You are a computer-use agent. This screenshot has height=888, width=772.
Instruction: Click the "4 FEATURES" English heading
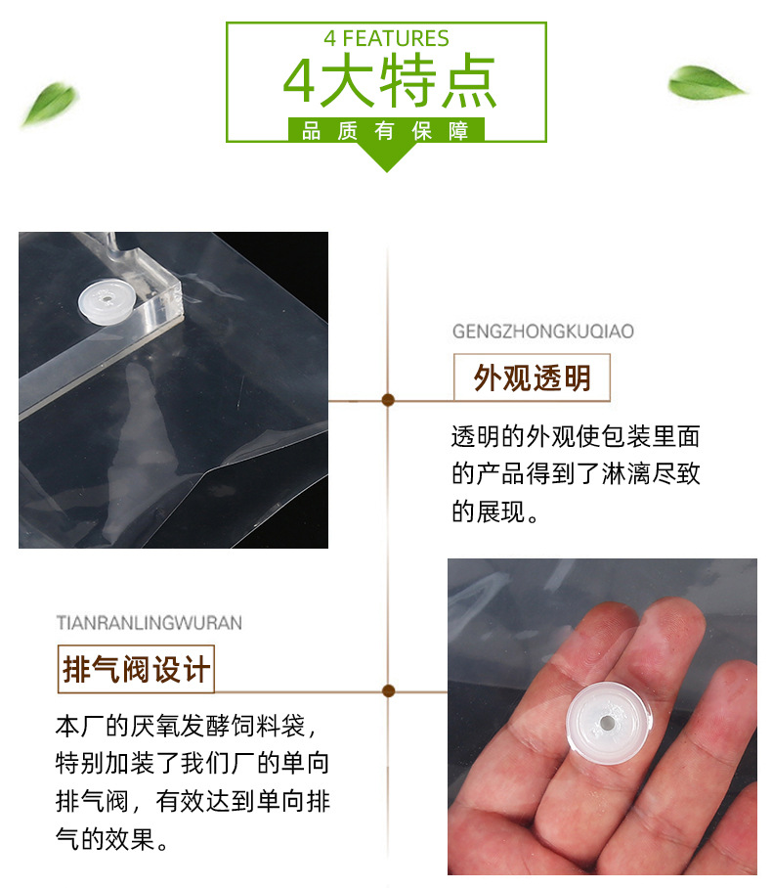pyautogui.click(x=387, y=38)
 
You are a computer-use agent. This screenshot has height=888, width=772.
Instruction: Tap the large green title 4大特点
pyautogui.click(x=389, y=81)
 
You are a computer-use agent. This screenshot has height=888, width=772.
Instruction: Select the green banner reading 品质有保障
pyautogui.click(x=386, y=130)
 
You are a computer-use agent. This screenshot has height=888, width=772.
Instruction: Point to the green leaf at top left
pyautogui.click(x=50, y=104)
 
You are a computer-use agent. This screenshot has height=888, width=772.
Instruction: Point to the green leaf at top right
pyautogui.click(x=707, y=83)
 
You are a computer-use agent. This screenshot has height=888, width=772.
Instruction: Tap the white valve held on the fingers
pyautogui.click(x=609, y=723)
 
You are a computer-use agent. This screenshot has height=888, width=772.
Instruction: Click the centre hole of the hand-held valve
pyautogui.click(x=607, y=723)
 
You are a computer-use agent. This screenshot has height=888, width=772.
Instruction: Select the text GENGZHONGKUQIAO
pyautogui.click(x=542, y=332)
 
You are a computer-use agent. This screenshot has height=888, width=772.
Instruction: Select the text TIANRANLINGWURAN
pyautogui.click(x=149, y=623)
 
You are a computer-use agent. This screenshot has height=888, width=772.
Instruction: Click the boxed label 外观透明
pyautogui.click(x=532, y=377)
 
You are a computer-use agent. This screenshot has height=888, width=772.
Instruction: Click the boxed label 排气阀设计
pyautogui.click(x=136, y=669)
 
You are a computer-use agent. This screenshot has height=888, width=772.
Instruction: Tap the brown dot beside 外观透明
pyautogui.click(x=388, y=400)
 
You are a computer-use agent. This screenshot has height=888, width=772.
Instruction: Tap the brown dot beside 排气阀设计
pyautogui.click(x=388, y=690)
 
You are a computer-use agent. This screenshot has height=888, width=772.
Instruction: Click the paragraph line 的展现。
pyautogui.click(x=494, y=511)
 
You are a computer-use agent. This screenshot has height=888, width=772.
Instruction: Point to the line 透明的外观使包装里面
pyautogui.click(x=576, y=436)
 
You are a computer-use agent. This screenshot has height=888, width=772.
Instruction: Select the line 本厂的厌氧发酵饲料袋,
pyautogui.click(x=187, y=726)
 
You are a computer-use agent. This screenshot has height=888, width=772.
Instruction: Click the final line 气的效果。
pyautogui.click(x=112, y=839)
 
